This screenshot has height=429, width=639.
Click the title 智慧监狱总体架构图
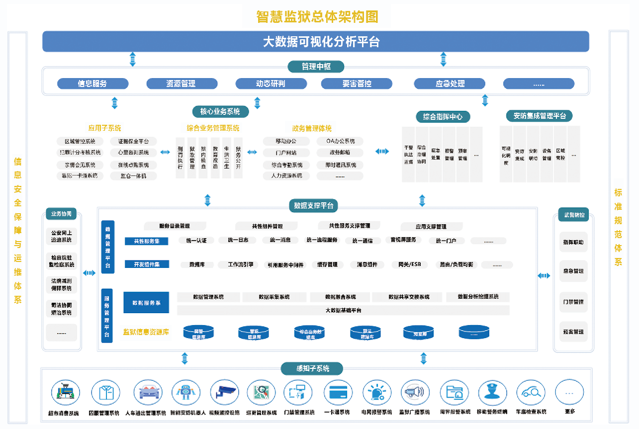[x=317, y=17]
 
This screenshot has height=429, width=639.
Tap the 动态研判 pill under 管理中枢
[x=271, y=84]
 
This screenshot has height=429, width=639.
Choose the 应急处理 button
[x=450, y=84]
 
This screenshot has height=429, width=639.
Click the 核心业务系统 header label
[x=220, y=111]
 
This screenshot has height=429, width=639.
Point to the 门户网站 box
[x=286, y=153]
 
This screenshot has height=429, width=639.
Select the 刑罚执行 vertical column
[x=180, y=157]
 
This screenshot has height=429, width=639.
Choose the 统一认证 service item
[x=196, y=241]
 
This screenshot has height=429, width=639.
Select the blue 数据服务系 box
[x=147, y=303]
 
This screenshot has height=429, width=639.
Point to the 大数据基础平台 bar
[x=343, y=310]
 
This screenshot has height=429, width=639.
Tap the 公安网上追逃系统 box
[x=62, y=236]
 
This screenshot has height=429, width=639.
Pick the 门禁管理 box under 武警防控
[x=573, y=302]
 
